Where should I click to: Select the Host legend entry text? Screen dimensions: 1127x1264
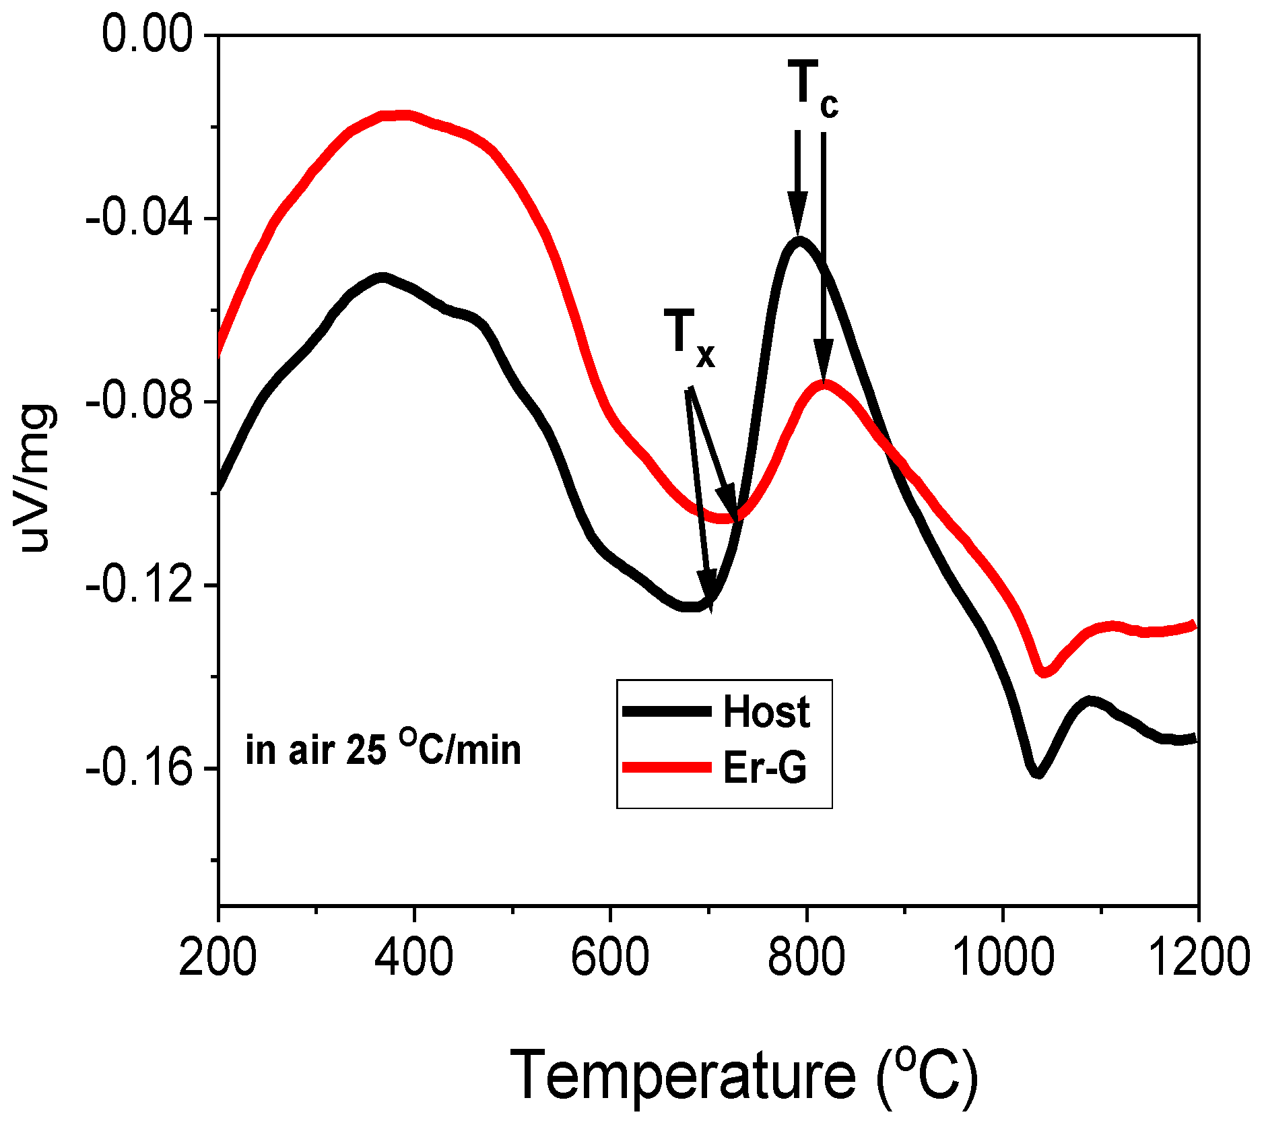(x=766, y=711)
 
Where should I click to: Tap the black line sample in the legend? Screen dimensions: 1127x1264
(x=667, y=711)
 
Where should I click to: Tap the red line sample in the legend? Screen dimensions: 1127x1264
(x=667, y=767)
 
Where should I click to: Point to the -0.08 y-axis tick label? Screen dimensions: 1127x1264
(x=139, y=402)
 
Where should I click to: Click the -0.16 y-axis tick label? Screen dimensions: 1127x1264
(x=139, y=769)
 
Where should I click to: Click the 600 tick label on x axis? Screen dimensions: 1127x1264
(x=609, y=957)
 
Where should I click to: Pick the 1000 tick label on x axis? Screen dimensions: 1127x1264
(x=1003, y=957)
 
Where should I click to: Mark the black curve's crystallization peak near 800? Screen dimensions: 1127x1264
(x=799, y=241)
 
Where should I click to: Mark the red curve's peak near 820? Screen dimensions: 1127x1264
(x=824, y=385)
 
